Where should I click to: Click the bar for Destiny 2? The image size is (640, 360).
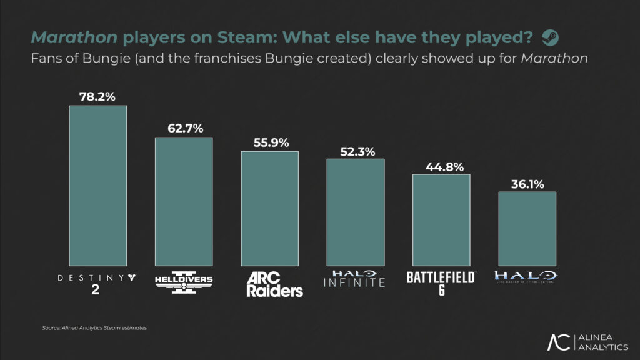click(x=97, y=185)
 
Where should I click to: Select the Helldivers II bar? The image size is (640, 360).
click(x=184, y=201)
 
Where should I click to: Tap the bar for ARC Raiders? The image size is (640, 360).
click(x=269, y=207)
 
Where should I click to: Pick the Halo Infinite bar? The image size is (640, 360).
click(x=355, y=211)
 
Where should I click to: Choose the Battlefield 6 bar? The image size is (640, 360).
click(x=441, y=219)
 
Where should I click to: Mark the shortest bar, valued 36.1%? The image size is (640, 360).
click(x=527, y=227)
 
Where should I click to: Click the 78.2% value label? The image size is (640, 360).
click(x=97, y=97)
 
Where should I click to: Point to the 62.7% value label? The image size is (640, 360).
click(x=184, y=129)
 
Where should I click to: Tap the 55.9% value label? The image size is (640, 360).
click(x=269, y=142)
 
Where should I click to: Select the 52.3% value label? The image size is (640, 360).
click(x=355, y=150)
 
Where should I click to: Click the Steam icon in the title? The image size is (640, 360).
click(x=550, y=37)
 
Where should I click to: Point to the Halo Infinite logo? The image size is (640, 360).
click(x=355, y=279)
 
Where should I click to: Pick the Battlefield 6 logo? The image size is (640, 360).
click(x=441, y=282)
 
